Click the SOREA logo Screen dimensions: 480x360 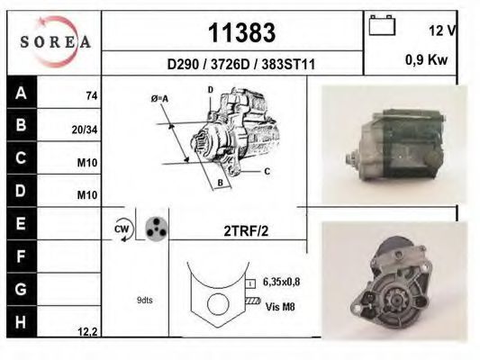pyautogui.click(x=56, y=41)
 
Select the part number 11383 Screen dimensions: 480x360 pyautogui.click(x=242, y=32)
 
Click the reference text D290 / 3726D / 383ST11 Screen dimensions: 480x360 pyautogui.click(x=241, y=64)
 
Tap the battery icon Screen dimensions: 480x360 pyautogui.click(x=382, y=25)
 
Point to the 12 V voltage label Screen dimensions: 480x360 pyautogui.click(x=442, y=31)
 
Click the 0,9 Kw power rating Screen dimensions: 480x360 pyautogui.click(x=427, y=59)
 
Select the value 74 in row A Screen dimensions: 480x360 pyautogui.click(x=92, y=95)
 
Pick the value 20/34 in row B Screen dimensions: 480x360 pyautogui.click(x=85, y=130)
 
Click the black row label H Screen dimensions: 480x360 pyautogui.click(x=22, y=322)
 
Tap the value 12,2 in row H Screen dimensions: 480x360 pyautogui.click(x=87, y=331)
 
